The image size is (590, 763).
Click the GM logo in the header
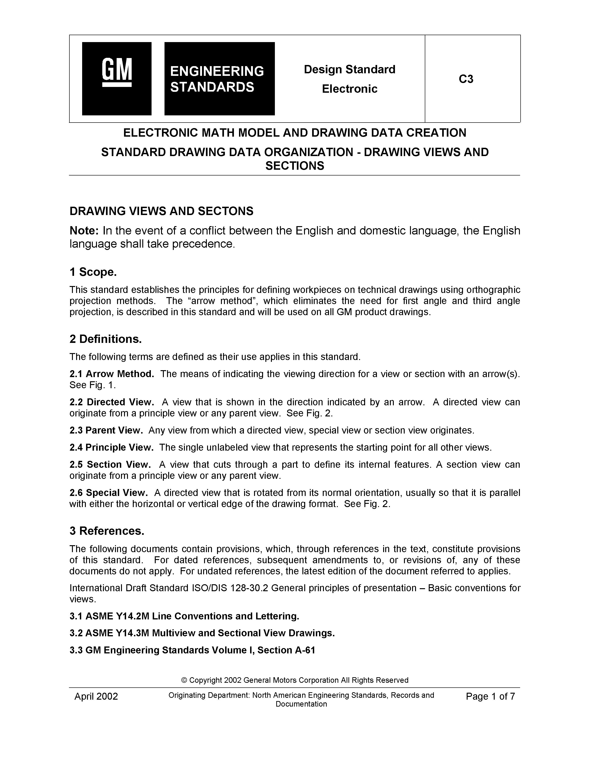pos(117,79)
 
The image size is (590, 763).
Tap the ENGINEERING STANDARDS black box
pos(220,79)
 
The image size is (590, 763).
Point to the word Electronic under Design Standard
pos(350,89)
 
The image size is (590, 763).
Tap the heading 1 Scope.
pos(93,272)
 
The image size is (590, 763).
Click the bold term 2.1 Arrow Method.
pos(112,374)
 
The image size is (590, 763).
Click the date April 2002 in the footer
pos(96,696)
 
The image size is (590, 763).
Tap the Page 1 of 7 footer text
pos(490,696)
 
